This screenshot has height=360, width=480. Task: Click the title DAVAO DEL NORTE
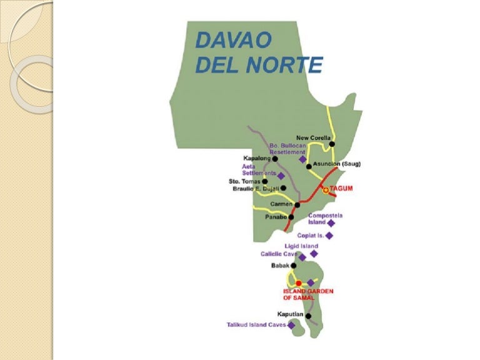tap(258, 52)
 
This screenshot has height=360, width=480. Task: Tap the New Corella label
tap(313, 138)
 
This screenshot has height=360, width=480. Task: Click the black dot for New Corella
tap(332, 144)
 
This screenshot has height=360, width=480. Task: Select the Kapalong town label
tap(256, 159)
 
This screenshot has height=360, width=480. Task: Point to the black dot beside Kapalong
tap(275, 159)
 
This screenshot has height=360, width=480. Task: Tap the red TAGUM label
tap(341, 188)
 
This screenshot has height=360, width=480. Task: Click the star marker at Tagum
tap(325, 189)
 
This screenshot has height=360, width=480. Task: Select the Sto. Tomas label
tap(244, 181)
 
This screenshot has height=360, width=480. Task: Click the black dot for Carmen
tap(297, 204)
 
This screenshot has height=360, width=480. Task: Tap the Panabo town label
tap(276, 217)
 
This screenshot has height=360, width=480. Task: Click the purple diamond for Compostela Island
tap(331, 222)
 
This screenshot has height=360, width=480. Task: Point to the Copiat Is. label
tap(310, 236)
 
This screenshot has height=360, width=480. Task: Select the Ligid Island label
tap(301, 246)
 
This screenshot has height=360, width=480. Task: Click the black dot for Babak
tap(293, 266)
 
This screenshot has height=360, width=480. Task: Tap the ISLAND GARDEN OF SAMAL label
tap(308, 294)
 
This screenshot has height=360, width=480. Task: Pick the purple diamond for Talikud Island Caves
tap(291, 325)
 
